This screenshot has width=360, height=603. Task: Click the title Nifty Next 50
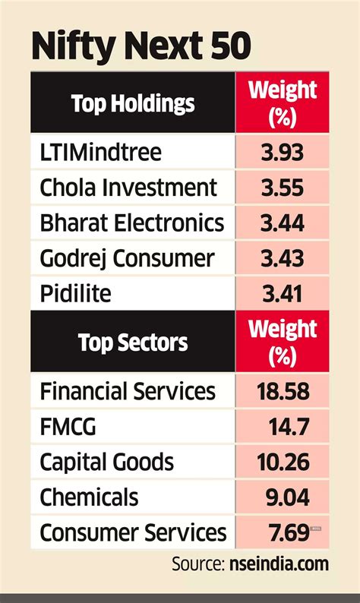coord(141,47)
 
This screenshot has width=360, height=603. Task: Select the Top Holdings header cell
coord(133,103)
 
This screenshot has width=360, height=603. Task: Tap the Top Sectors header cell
coord(133,342)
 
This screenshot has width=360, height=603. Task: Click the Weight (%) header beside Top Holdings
coord(283,103)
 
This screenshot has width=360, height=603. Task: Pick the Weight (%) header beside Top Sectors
coord(283,342)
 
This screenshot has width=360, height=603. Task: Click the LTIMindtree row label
coord(101,152)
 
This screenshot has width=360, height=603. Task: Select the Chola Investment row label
coord(128,187)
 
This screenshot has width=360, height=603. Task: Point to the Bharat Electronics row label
coord(132,223)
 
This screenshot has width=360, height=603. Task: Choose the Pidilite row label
coord(77,293)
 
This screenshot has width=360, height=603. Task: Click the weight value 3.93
coord(282,152)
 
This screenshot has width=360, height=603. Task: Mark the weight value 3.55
coord(282,187)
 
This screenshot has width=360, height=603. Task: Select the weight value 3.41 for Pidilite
coord(282,293)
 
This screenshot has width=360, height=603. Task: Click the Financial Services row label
coord(128,391)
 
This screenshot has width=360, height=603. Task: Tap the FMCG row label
coord(68,427)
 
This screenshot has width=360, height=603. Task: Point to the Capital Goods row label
coord(106,462)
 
